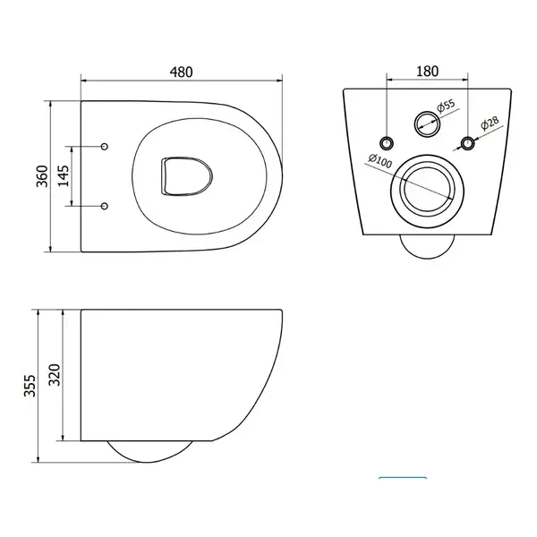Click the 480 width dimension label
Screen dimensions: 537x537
click(182, 72)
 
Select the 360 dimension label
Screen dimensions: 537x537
click(42, 176)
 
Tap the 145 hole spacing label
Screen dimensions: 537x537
click(64, 176)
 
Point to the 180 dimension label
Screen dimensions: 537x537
click(427, 72)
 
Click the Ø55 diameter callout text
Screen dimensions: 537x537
click(447, 106)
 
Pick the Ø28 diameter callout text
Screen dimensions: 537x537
click(490, 124)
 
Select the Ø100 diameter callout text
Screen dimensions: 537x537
click(380, 161)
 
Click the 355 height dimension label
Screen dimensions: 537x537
click(30, 386)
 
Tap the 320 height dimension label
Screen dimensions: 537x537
click(54, 375)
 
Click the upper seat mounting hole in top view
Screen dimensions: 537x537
click(105, 147)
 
